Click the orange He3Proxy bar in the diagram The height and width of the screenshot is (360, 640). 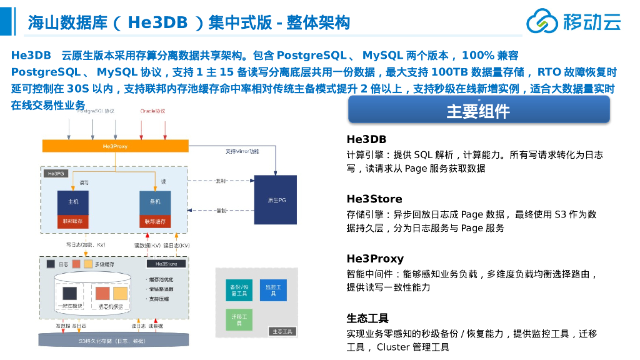click(115, 146)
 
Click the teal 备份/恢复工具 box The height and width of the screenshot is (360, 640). click(238, 289)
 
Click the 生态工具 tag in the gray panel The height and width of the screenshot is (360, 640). click(282, 331)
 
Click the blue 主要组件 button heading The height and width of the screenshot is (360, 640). click(478, 111)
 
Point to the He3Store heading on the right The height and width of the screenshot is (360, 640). click(374, 199)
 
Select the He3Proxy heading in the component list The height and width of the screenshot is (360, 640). click(375, 259)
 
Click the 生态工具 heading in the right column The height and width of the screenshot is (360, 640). click(367, 319)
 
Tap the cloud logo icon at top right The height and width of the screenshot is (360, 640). click(541, 21)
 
